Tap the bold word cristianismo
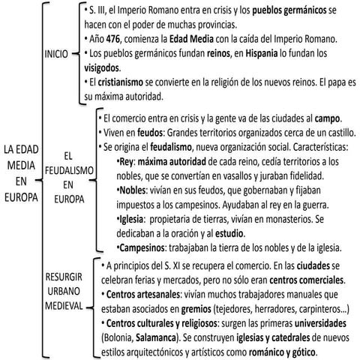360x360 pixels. [122, 81]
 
